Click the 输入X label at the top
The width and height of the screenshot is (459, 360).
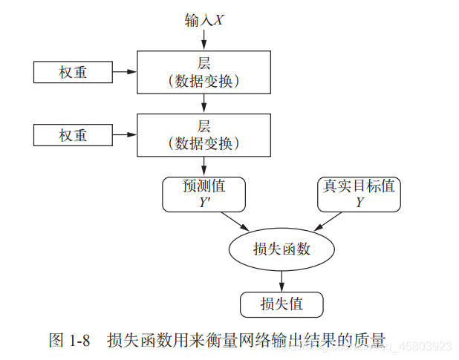pyautogui.click(x=204, y=20)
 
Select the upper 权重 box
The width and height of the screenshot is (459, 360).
pyautogui.click(x=73, y=73)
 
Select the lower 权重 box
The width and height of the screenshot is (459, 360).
pyautogui.click(x=73, y=135)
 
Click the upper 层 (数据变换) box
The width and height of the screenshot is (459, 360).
pyautogui.click(x=204, y=72)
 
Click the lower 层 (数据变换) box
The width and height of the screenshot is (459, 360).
pyautogui.click(x=204, y=134)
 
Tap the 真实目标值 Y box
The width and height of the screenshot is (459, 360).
pyautogui.click(x=359, y=194)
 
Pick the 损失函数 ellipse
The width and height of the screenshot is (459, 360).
pyautogui.click(x=281, y=249)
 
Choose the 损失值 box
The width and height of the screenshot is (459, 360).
pyautogui.click(x=281, y=304)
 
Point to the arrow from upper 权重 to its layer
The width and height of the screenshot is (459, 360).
pyautogui.click(x=124, y=73)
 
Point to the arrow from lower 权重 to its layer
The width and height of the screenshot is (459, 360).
pyautogui.click(x=124, y=135)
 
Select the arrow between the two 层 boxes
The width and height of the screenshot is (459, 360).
pyautogui.click(x=204, y=103)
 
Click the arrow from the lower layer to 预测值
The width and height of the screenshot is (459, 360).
pyautogui.click(x=204, y=166)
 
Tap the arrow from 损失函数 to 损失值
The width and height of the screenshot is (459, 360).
pyautogui.click(x=281, y=280)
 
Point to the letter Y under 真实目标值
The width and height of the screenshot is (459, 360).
pyautogui.click(x=359, y=201)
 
